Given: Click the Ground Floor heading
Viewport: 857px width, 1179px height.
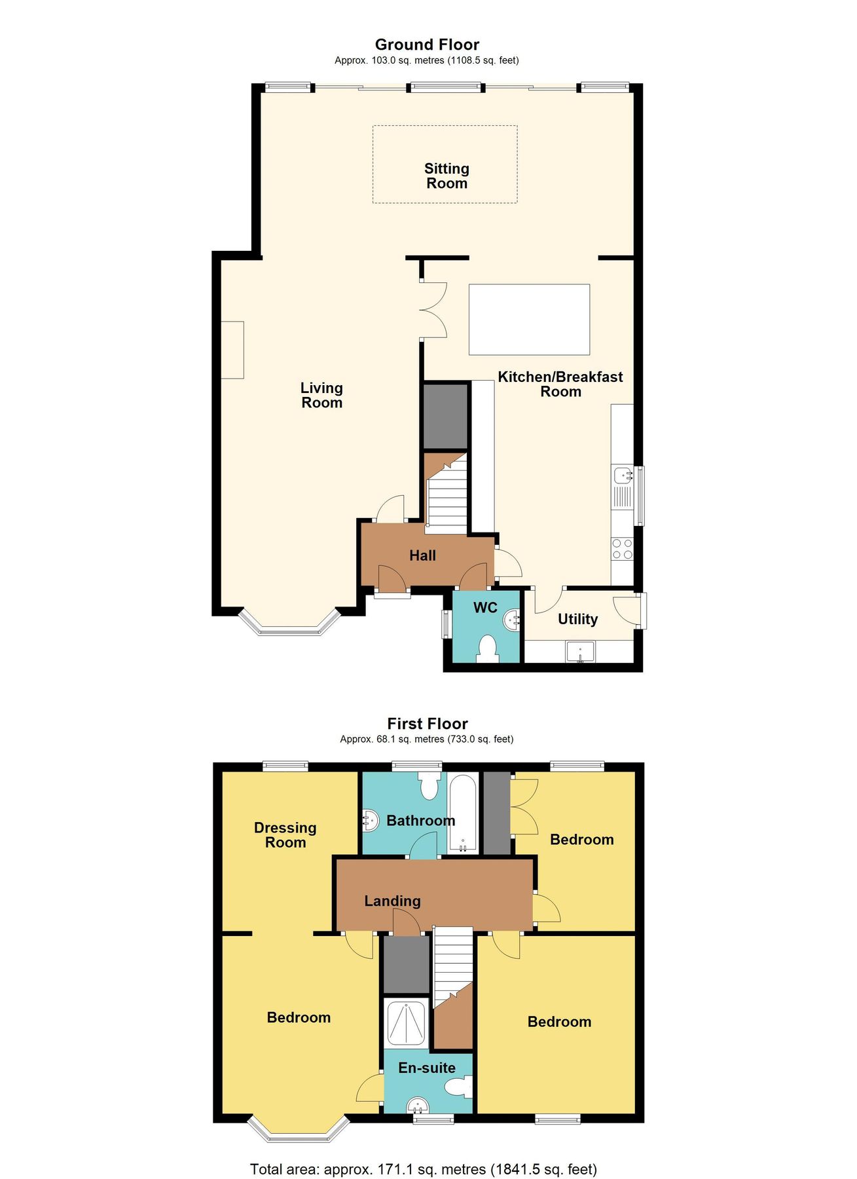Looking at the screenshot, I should [x=427, y=45].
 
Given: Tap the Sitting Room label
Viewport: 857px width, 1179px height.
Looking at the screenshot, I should [x=447, y=176].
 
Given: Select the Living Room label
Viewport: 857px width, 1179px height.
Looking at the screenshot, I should [x=321, y=396].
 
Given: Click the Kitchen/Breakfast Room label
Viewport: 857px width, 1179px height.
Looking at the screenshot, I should [x=560, y=384].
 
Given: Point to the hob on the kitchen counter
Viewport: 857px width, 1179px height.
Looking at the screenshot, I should [x=622, y=549].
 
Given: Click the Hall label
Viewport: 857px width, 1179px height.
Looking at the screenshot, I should [x=422, y=555].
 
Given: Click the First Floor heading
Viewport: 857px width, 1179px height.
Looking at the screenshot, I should [x=428, y=724].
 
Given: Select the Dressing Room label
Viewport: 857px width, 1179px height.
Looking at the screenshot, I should [x=285, y=835].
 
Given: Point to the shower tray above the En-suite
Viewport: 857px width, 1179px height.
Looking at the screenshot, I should [x=406, y=1024].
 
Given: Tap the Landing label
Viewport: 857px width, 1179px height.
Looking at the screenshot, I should [x=392, y=901].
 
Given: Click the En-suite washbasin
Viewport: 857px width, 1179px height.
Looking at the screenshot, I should [x=417, y=1106].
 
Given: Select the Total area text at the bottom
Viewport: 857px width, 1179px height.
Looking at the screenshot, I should [x=424, y=1151].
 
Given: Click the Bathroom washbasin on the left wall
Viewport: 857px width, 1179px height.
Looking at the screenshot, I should [x=371, y=820].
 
